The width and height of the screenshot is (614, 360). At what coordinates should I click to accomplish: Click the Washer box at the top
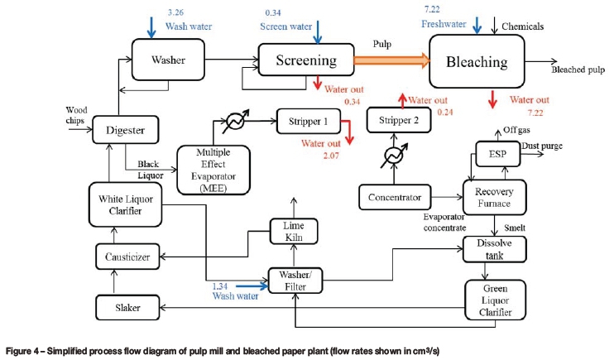168,60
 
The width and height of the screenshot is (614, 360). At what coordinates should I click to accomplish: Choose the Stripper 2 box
400,121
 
